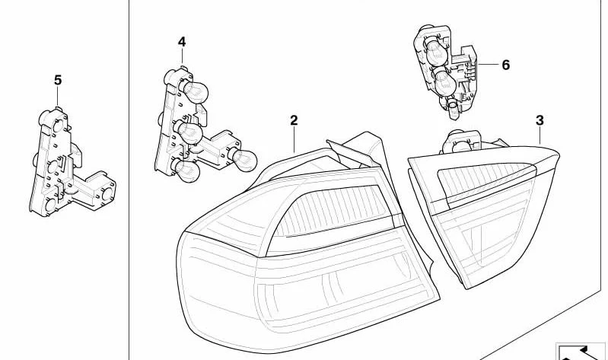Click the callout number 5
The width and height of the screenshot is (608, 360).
click(x=58, y=81)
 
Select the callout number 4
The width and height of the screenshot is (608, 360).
click(x=182, y=42)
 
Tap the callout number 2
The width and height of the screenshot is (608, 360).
click(x=294, y=120)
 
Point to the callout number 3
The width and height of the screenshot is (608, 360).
click(x=540, y=121)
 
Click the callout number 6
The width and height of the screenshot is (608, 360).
click(x=505, y=65)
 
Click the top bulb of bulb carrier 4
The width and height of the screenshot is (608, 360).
click(x=195, y=92)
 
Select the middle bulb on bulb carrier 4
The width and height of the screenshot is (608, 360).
click(x=189, y=132)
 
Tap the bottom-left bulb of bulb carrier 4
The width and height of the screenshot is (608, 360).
click(x=186, y=170)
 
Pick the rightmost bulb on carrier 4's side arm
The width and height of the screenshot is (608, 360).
click(x=243, y=159)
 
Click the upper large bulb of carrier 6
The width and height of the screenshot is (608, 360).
click(x=437, y=53)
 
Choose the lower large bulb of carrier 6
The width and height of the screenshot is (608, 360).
click(x=444, y=83)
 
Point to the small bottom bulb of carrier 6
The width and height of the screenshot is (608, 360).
click(x=454, y=109)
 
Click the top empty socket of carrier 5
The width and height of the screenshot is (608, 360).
click(x=56, y=125)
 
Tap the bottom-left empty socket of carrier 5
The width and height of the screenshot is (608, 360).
click(x=50, y=205)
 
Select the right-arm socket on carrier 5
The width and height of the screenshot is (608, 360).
click(x=107, y=193)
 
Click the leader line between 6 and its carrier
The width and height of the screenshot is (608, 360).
click(x=489, y=64)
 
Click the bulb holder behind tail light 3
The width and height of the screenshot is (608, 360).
click(x=461, y=142)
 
